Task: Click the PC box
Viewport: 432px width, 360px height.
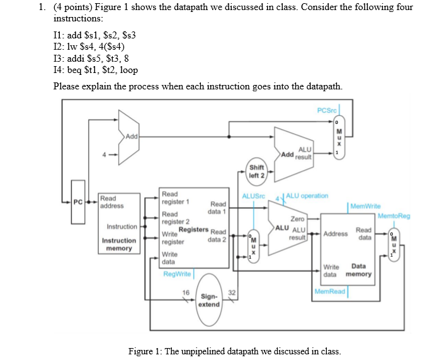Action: tap(78, 202)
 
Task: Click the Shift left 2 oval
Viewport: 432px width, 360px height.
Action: tap(257, 171)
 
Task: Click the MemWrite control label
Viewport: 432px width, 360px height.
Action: tap(365, 206)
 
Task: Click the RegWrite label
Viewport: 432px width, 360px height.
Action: tap(176, 274)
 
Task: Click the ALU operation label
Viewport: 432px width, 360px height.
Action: tap(307, 196)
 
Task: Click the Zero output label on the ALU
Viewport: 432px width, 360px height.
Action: tap(297, 218)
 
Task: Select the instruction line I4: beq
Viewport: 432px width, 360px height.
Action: tap(96, 70)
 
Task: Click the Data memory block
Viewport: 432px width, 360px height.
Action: tap(347, 245)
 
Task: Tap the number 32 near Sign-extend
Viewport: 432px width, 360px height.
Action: tap(231, 293)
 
